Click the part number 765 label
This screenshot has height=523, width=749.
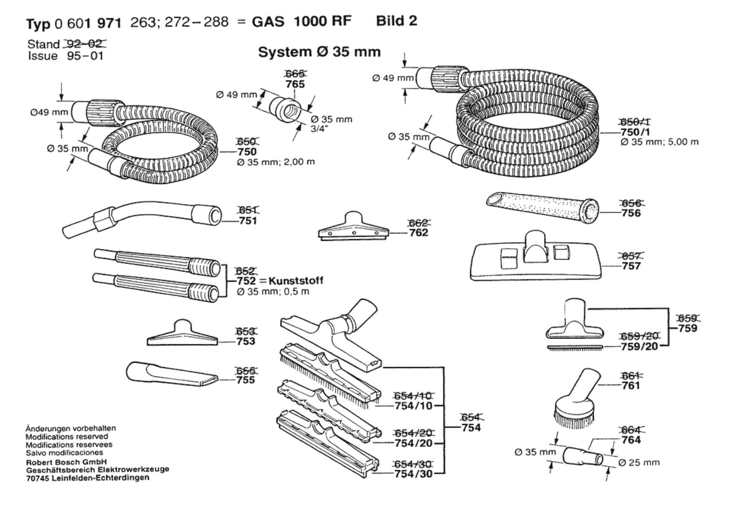pos(295,84)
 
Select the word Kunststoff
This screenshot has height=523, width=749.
pos(296,281)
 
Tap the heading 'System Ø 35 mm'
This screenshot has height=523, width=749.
pos(319,52)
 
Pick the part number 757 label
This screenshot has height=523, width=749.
pos(631,266)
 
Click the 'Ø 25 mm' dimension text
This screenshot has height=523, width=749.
pos(639,463)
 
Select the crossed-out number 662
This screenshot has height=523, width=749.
pos(418,223)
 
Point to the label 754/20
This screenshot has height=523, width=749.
pos(413,443)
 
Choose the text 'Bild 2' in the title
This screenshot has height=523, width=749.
pos(397,21)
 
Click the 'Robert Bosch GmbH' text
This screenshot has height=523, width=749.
pos(66,462)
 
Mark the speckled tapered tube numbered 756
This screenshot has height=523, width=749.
pos(542,207)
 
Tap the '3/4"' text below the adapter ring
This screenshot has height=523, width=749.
pos(319,128)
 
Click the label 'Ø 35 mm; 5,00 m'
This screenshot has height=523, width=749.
pos(660,142)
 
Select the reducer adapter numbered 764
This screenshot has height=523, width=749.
pos(583,456)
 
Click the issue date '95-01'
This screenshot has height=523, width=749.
pos(85,56)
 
